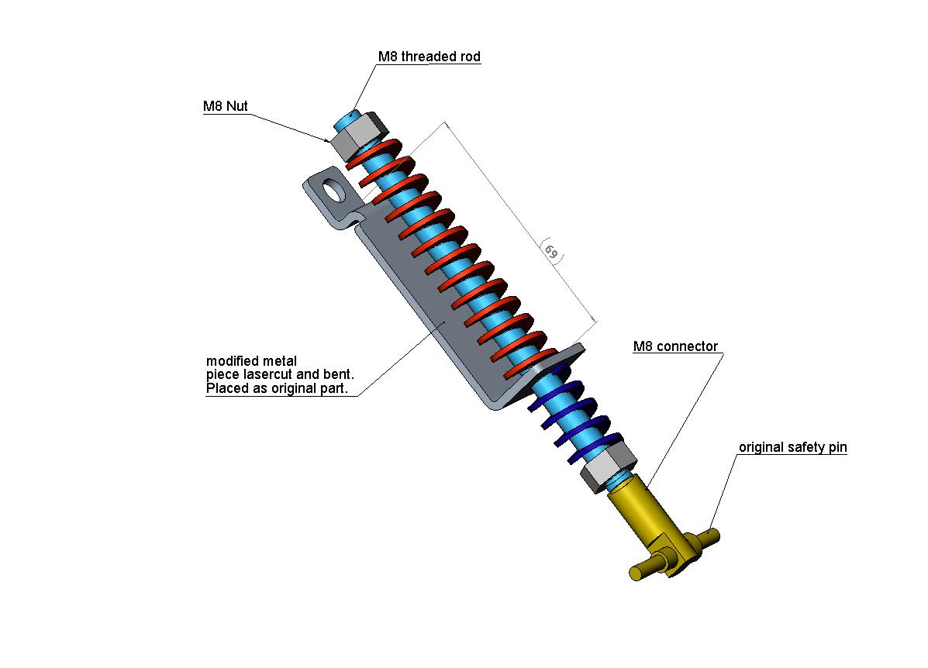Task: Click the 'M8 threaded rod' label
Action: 429,57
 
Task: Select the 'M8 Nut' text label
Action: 226,107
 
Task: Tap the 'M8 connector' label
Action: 675,346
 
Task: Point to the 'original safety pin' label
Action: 792,447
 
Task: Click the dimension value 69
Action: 550,253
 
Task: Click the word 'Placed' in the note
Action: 226,388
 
